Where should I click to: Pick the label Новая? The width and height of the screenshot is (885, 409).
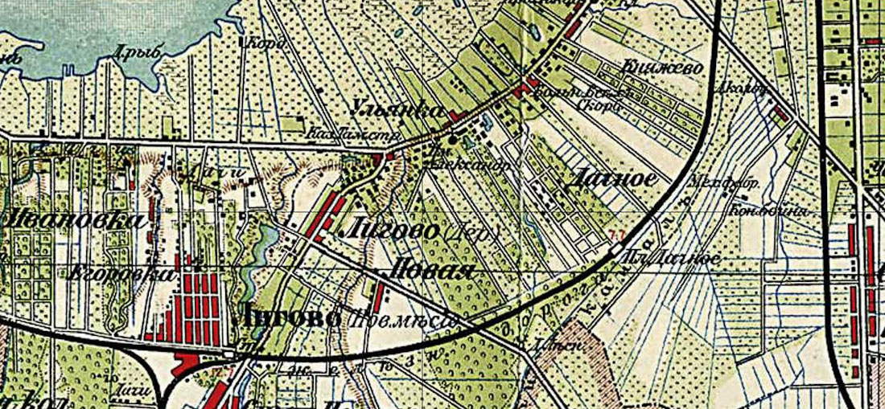coord(431,269)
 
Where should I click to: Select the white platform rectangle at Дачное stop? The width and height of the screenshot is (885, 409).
coord(614,250)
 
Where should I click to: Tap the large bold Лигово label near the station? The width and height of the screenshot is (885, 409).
coord(285,317)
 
